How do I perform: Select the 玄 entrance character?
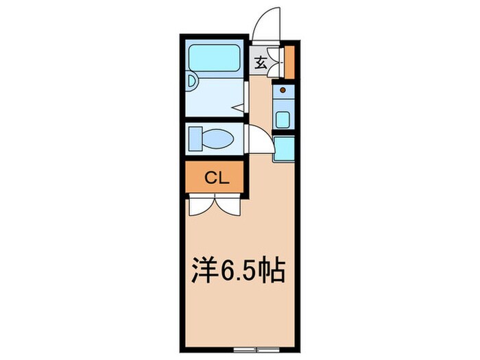pyautogui.click(x=261, y=64)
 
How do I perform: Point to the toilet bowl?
pyautogui.click(x=219, y=139)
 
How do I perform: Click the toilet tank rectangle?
pyautogui.click(x=194, y=139)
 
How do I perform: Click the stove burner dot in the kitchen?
pyautogui.click(x=283, y=90)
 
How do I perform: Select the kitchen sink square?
pyautogui.click(x=283, y=119)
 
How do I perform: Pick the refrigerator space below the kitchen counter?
pyautogui.click(x=283, y=148)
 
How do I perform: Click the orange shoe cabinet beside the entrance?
pyautogui.click(x=289, y=62)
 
